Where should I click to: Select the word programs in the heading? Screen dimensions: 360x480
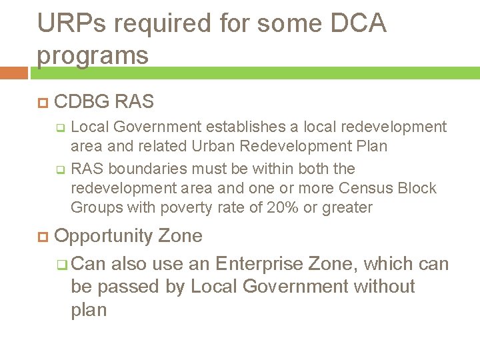(93, 55)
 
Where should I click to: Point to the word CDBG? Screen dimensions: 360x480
(83, 102)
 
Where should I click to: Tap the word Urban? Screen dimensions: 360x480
(209, 146)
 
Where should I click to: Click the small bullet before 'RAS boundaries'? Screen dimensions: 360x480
(59, 169)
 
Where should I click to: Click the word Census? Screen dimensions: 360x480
(364, 188)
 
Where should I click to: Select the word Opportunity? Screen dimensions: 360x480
(104, 237)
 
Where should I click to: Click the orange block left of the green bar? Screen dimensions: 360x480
(13, 73)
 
